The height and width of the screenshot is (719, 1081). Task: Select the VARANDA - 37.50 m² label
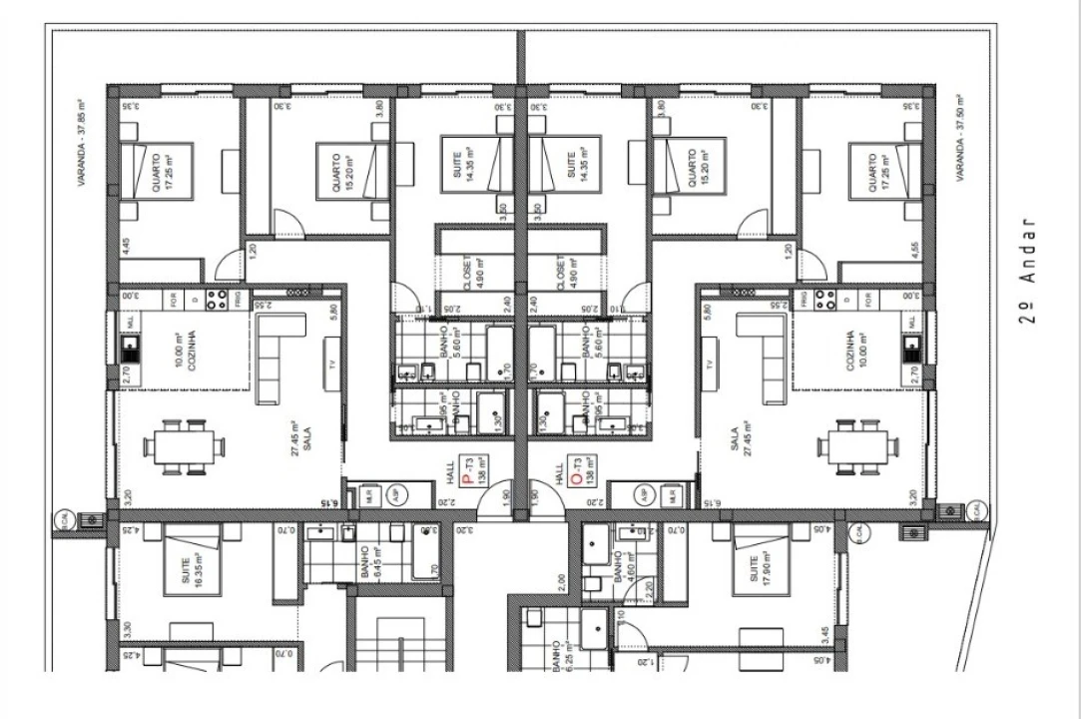click(959, 137)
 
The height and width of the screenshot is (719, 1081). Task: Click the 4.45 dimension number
click(126, 246)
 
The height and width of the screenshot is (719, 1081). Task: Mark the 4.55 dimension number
click(914, 248)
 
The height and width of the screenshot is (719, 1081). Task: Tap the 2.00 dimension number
click(562, 579)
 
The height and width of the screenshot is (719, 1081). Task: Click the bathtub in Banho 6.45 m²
click(427, 551)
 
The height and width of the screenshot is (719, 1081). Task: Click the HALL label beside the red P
click(449, 466)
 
